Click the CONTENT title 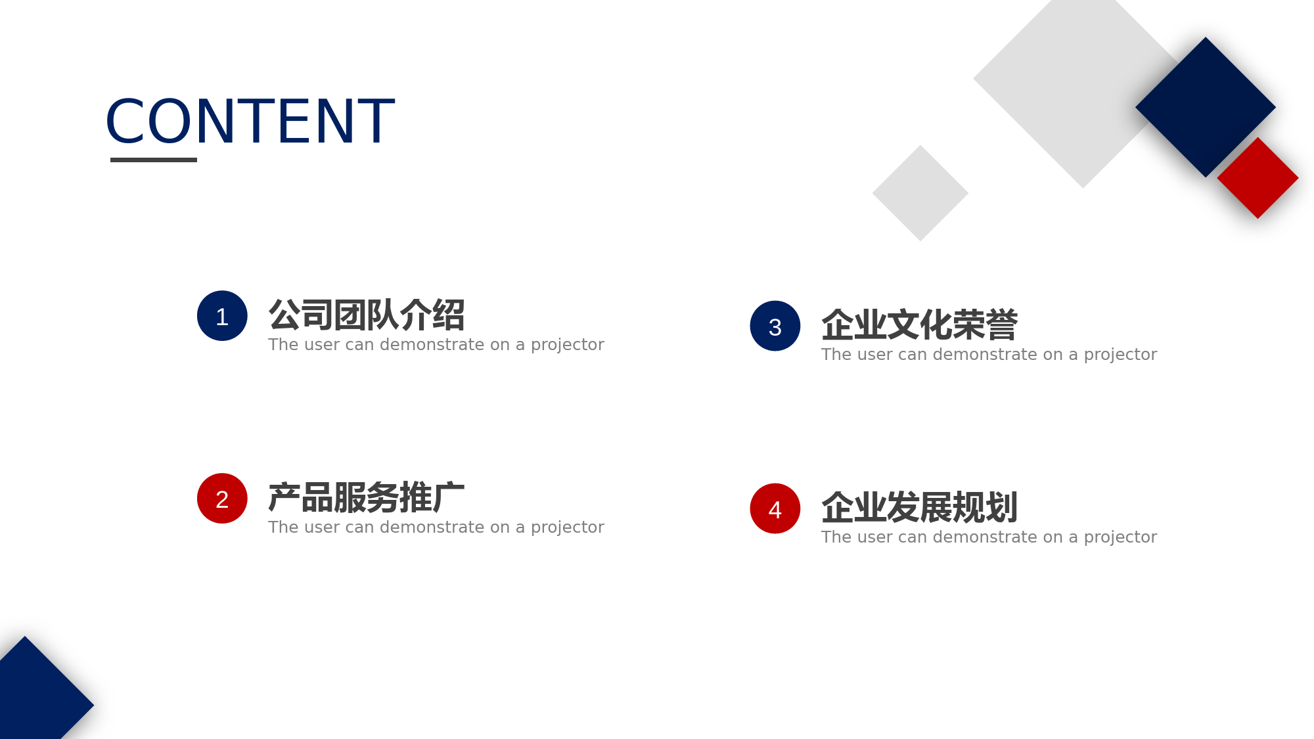(x=250, y=121)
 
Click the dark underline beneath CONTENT (x=154, y=160)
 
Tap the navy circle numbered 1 (x=222, y=316)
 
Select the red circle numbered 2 (x=222, y=499)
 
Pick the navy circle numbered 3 (x=775, y=326)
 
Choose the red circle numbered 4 (x=775, y=508)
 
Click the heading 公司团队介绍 (x=367, y=315)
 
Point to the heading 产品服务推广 (x=367, y=497)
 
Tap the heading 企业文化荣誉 (x=920, y=325)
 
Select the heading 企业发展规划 (x=920, y=507)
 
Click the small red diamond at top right (x=1257, y=178)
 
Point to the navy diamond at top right (x=1206, y=107)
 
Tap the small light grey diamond (x=920, y=193)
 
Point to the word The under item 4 (x=836, y=537)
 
